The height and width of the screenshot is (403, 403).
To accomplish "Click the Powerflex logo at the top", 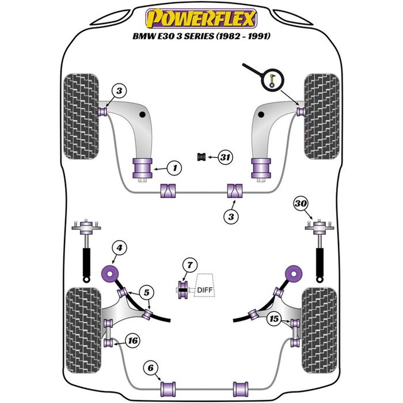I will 201,18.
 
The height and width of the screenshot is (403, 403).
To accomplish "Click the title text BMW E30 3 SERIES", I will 201,36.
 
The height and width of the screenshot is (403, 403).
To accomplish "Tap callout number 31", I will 226,157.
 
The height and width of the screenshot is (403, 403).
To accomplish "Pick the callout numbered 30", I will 300,202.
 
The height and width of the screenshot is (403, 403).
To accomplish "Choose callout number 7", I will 188,265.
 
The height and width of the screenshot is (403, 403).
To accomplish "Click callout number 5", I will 147,292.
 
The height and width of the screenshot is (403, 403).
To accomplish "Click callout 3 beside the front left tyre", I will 118,90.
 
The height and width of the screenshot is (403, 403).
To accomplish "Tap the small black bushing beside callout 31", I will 202,157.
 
